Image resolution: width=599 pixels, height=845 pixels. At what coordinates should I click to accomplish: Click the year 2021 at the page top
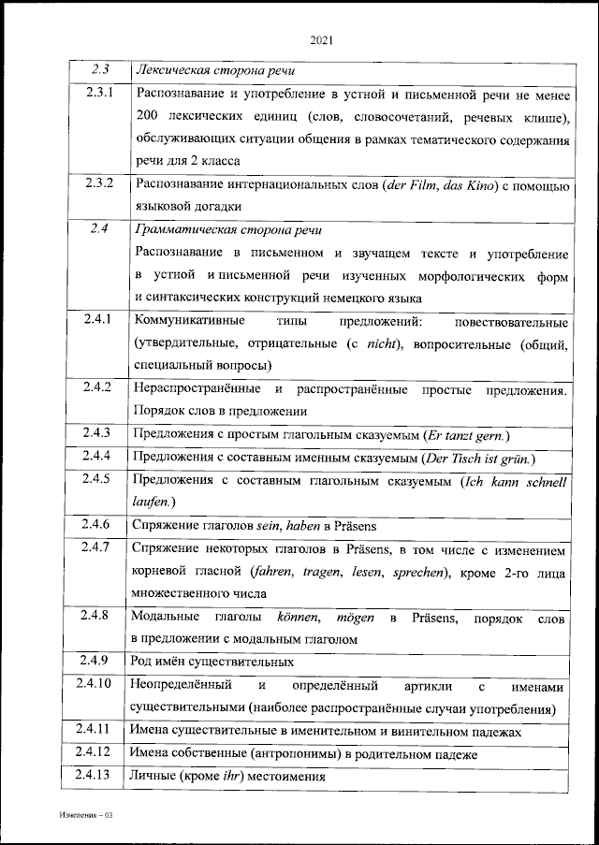[321, 40]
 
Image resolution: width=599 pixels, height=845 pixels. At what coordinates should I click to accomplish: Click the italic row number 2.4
[100, 228]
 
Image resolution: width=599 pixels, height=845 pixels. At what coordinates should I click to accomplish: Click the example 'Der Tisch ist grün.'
[479, 458]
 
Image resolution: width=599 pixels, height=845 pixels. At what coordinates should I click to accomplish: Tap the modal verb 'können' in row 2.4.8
[299, 616]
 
